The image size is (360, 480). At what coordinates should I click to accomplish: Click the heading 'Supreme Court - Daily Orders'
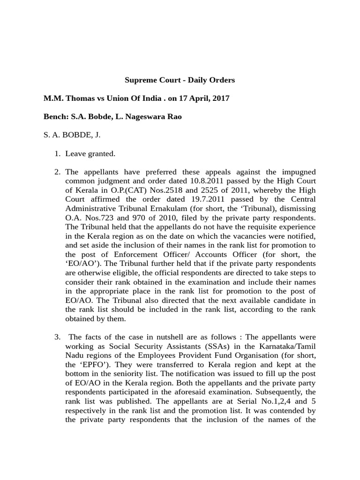[x=180, y=80]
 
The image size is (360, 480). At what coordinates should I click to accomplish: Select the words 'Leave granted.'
[x=90, y=153]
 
